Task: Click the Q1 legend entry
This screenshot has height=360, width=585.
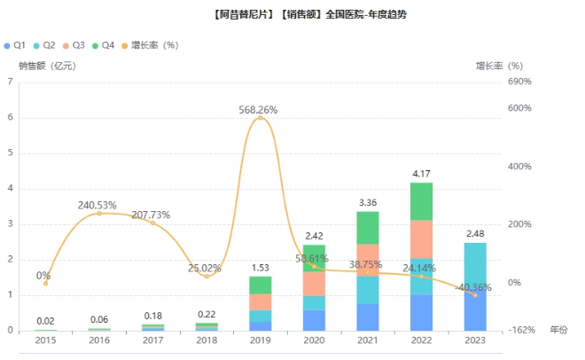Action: point(19,44)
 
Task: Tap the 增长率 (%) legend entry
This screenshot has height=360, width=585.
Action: point(154,44)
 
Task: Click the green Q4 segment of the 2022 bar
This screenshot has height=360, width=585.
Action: point(421,201)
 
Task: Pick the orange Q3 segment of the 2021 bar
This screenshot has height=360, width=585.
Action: point(367,260)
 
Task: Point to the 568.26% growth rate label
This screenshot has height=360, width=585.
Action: point(258,110)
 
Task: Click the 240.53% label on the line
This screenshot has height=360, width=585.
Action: point(98,205)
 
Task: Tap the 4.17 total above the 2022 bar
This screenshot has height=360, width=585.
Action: point(421,174)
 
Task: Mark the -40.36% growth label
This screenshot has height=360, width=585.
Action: point(476,287)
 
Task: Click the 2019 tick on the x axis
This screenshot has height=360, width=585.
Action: point(260,340)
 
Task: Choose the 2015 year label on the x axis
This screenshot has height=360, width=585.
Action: point(45,340)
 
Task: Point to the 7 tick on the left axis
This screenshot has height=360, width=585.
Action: point(10,82)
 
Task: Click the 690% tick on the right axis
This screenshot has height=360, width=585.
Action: point(519,82)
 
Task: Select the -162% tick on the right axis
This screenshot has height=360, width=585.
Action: point(521,331)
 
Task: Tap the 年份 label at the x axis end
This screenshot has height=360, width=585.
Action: point(558,330)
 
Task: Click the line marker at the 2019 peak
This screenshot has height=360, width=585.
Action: point(260,118)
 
